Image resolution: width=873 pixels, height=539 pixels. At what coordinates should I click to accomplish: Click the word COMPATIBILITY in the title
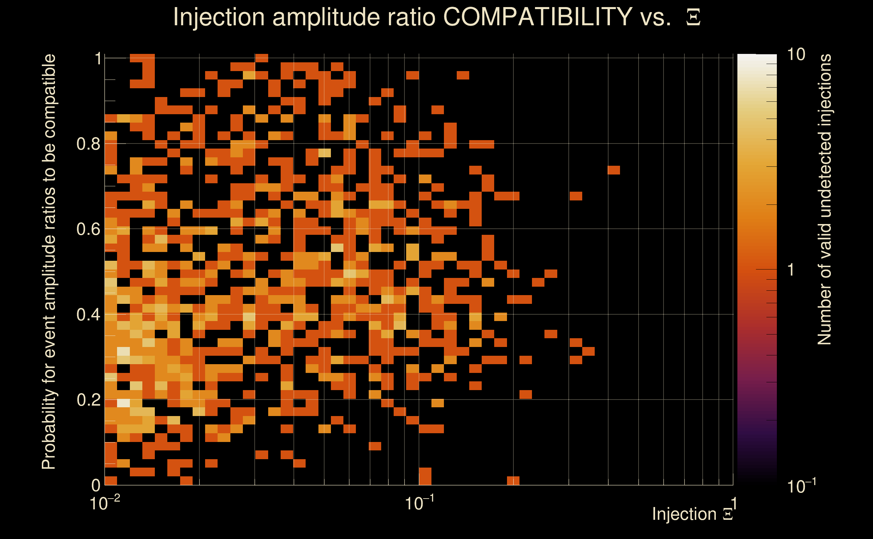pos(537,17)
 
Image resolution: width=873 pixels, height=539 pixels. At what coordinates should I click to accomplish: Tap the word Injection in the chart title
pos(219,17)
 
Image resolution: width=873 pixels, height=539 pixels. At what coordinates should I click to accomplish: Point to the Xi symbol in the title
pos(693,18)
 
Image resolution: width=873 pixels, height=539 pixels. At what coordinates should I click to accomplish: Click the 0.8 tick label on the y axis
pos(88,144)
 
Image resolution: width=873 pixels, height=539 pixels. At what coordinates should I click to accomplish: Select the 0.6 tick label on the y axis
pos(88,229)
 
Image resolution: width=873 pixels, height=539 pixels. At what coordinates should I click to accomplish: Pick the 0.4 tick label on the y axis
pos(88,315)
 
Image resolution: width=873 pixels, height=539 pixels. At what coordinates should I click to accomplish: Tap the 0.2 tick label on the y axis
pos(88,400)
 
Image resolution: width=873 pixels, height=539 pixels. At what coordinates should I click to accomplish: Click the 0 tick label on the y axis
pos(96,485)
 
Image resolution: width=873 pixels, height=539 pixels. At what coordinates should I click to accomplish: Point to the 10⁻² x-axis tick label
pos(104,503)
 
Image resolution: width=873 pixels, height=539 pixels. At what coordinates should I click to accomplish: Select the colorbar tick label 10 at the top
pos(796,55)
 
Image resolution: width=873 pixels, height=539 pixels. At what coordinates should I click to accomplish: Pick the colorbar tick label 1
pos(791,270)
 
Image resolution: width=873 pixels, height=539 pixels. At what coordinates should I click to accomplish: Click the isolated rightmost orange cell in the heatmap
pos(614,170)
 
